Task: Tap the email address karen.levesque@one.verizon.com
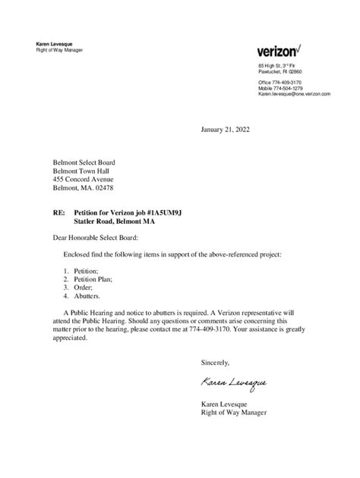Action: point(294,93)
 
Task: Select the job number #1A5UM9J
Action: point(165,214)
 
